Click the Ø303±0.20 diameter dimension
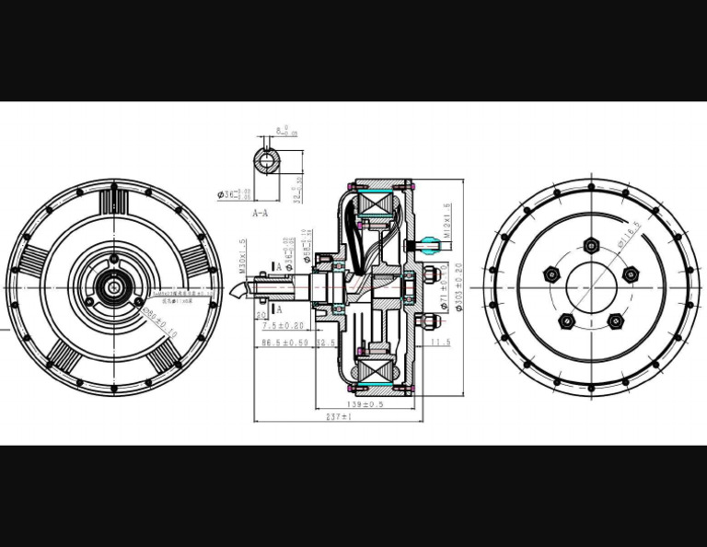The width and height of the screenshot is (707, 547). pyautogui.click(x=458, y=287)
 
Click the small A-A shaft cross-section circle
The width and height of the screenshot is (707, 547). pyautogui.click(x=268, y=161)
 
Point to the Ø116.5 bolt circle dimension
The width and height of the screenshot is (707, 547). pyautogui.click(x=630, y=235)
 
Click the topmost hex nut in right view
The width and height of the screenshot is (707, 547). pyautogui.click(x=591, y=245)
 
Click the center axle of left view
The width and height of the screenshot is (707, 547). pyautogui.click(x=113, y=287)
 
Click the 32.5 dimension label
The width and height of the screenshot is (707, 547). pyautogui.click(x=326, y=343)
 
